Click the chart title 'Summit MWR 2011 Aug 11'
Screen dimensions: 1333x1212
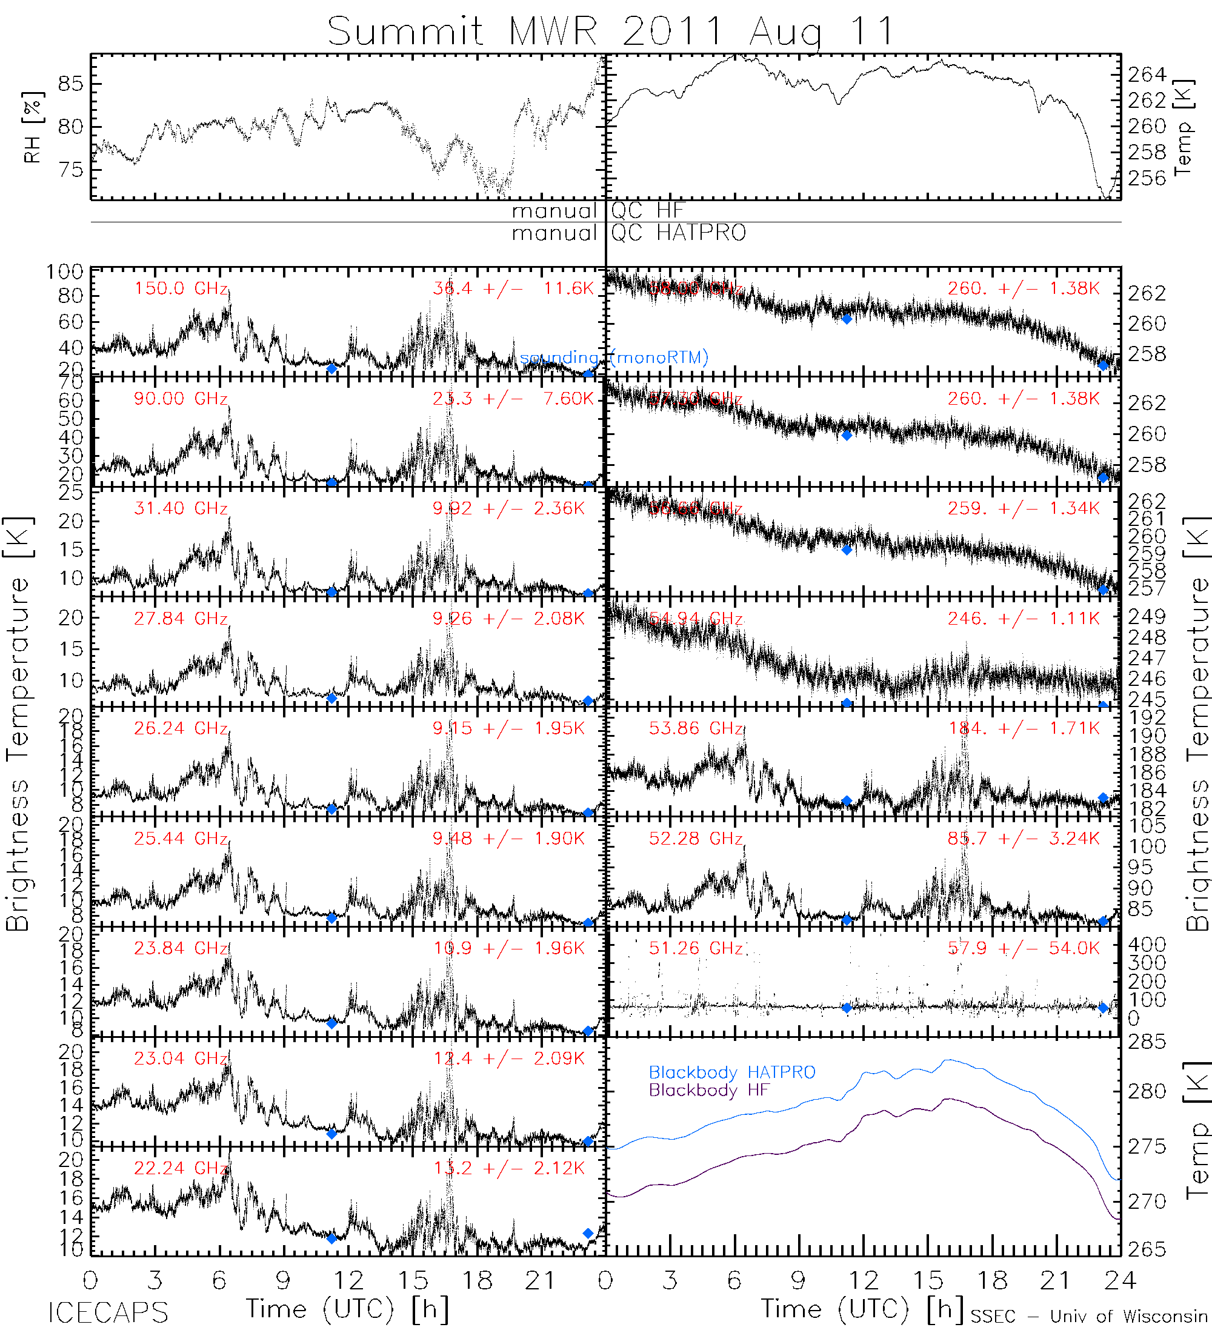[610, 31]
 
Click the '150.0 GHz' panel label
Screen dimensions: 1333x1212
[181, 289]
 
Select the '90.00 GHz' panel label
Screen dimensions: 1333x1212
[181, 399]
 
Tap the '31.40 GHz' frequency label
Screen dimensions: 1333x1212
[181, 508]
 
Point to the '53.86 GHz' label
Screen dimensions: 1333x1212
[696, 729]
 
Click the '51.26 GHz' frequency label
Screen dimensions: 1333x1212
[696, 949]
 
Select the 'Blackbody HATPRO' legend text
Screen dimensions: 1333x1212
[732, 1072]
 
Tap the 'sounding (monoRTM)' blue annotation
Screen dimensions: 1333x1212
[614, 357]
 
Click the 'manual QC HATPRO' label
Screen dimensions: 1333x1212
[628, 233]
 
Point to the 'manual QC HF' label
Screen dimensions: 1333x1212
[597, 211]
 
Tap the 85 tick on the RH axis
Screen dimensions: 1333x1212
[71, 84]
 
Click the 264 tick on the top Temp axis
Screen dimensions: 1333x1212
[1147, 75]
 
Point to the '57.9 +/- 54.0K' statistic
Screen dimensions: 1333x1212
[1024, 949]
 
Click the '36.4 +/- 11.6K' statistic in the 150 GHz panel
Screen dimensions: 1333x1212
[513, 289]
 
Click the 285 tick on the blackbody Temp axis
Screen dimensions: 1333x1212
[1147, 1043]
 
